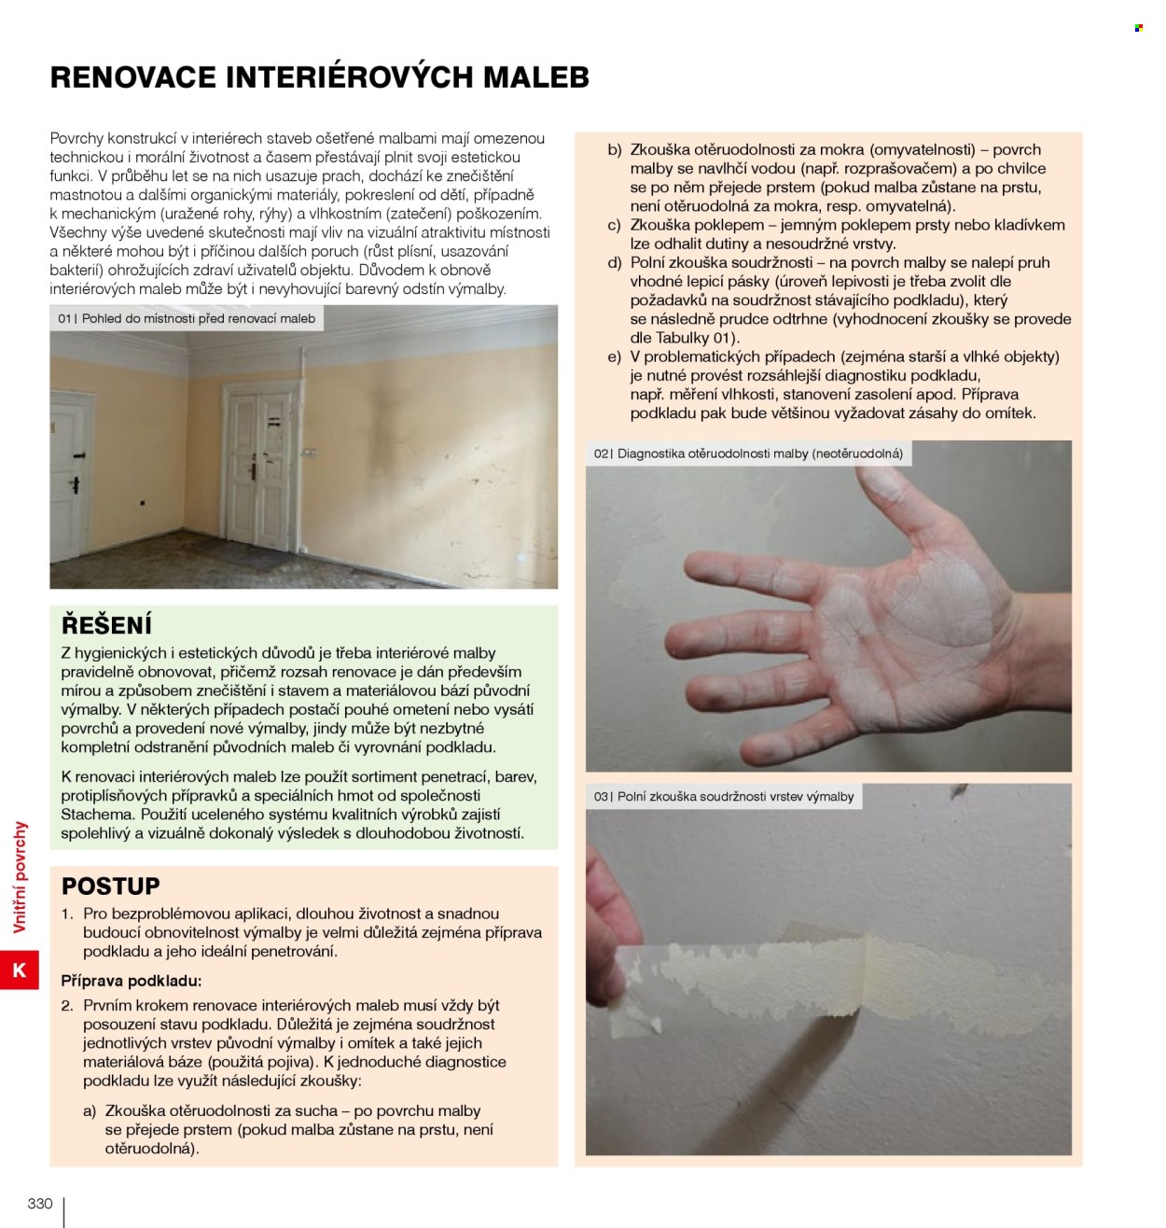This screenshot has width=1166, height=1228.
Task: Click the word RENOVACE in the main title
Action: point(133,77)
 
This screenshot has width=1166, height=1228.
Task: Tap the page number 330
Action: point(40,1203)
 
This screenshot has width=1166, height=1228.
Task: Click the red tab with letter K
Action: point(20,970)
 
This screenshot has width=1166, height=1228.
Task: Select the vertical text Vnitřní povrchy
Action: point(20,876)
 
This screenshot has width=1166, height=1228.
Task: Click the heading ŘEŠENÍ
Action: point(106,624)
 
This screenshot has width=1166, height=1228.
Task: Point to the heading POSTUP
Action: point(111,886)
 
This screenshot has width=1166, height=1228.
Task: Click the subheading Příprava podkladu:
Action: point(132,981)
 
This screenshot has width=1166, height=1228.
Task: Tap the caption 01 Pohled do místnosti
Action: point(187,318)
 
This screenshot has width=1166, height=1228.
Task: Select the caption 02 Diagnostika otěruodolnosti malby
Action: point(747,454)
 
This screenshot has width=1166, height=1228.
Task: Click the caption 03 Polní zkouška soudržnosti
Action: point(723,796)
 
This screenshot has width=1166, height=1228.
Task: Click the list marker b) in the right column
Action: point(614,150)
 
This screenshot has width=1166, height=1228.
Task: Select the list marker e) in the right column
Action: point(614,357)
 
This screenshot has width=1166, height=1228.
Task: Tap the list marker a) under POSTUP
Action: point(90,1111)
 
